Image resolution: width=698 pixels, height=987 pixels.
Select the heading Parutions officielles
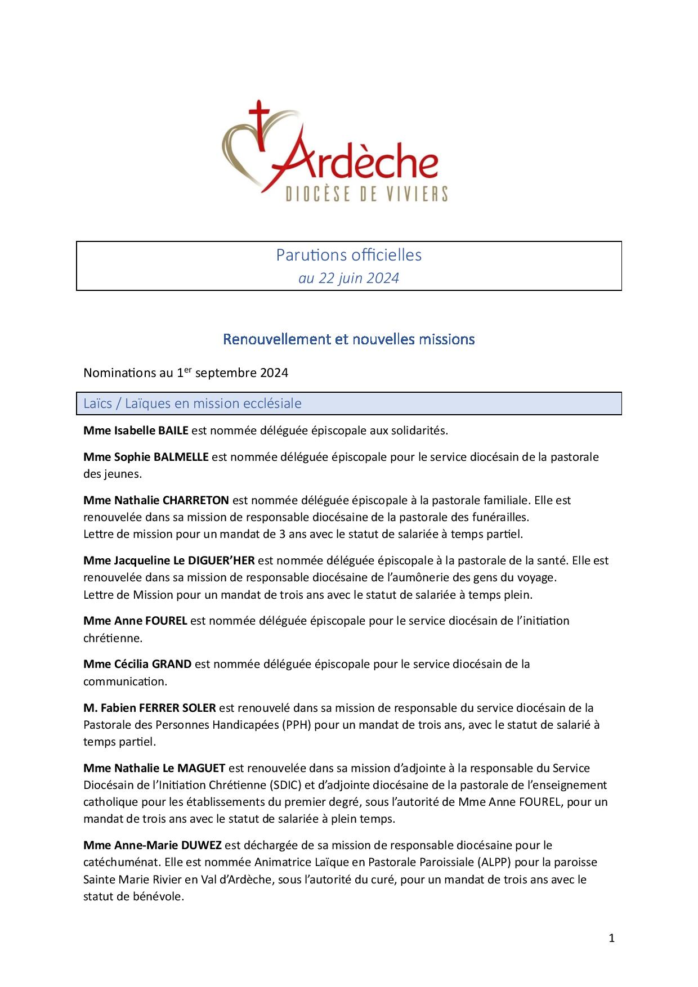click(x=348, y=255)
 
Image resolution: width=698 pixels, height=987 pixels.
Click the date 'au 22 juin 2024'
click(x=348, y=278)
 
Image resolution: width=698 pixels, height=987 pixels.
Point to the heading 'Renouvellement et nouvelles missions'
click(x=349, y=339)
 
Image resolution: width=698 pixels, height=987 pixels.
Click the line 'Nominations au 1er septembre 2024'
click(x=186, y=373)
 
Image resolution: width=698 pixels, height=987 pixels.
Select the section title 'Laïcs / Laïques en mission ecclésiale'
click(x=192, y=403)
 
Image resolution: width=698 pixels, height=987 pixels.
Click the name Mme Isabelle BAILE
click(x=136, y=430)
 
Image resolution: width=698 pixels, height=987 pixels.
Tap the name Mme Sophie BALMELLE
click(x=146, y=456)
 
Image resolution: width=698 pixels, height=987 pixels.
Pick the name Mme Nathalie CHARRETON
click(x=156, y=500)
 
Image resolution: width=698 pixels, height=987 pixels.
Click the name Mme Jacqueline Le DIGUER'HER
click(x=169, y=560)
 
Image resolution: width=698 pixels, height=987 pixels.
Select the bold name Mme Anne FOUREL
click(x=135, y=621)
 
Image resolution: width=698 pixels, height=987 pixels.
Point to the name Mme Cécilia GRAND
click(x=137, y=664)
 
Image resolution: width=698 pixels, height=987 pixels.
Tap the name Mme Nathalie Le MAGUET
click(x=154, y=768)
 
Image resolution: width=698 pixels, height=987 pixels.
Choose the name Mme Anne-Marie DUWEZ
click(x=153, y=845)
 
